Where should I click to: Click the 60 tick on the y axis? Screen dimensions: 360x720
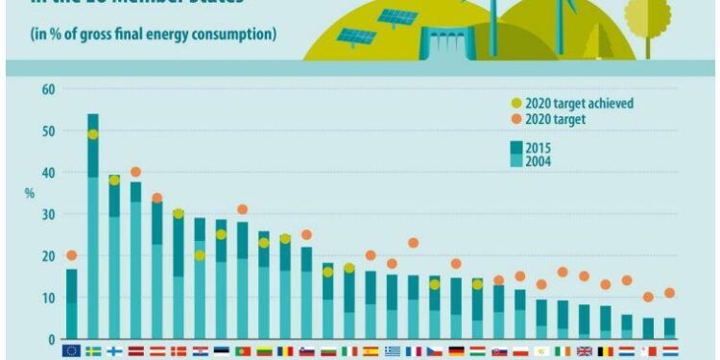click(49, 89)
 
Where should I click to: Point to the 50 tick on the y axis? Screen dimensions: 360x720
click(49, 131)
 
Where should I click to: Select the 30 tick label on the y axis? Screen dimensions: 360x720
click(49, 214)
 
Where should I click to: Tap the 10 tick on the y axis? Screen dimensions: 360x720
click(49, 298)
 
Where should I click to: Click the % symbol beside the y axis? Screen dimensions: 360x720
click(29, 193)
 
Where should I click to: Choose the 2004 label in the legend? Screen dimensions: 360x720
click(551, 161)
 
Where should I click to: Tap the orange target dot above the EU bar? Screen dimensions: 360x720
click(71, 255)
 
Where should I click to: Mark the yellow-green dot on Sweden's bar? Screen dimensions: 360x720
click(93, 134)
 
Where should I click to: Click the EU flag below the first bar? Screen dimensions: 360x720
click(71, 351)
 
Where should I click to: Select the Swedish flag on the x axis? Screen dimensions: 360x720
click(93, 351)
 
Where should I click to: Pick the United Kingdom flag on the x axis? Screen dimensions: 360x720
click(584, 351)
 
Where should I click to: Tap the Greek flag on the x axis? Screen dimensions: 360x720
click(393, 351)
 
